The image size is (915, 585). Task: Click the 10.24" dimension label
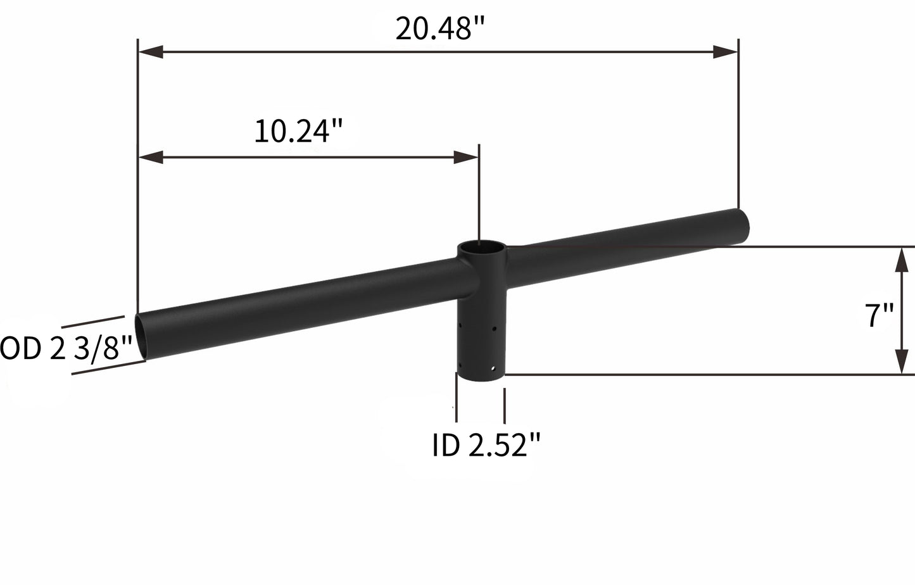298,132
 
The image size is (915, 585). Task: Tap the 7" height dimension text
880,315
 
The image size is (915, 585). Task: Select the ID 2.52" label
486,446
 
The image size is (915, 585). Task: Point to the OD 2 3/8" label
66,349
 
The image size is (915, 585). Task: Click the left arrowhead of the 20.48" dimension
151,53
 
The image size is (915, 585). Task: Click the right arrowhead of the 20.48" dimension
726,53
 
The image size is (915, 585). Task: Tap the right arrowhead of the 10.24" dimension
466,158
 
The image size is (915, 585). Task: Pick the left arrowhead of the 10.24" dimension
151,158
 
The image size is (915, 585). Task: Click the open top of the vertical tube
482,249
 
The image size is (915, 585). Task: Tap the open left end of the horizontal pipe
141,337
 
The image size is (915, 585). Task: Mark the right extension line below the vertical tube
505,405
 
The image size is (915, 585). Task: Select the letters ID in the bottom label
446,446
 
